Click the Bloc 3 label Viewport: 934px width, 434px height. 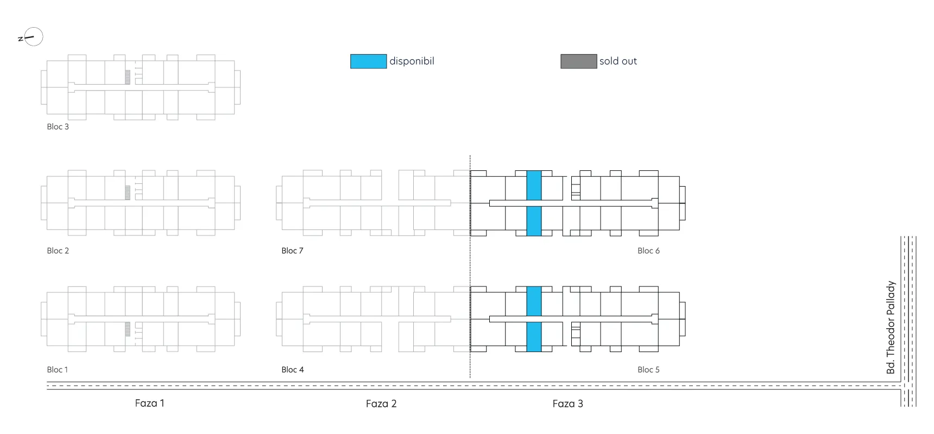58,126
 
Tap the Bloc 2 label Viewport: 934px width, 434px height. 58,251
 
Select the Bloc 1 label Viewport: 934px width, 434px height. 58,369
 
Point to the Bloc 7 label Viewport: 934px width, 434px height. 292,251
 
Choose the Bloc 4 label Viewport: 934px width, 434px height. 293,369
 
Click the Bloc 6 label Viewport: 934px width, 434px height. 648,251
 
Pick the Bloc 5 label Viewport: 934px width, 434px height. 648,369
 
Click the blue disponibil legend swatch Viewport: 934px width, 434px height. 368,61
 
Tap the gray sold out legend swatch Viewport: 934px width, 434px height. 579,61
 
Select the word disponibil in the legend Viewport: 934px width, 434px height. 412,61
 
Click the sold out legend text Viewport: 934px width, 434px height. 618,61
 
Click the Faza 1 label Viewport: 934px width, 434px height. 149,403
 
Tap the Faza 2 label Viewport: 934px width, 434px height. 381,404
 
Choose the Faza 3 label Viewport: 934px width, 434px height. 567,404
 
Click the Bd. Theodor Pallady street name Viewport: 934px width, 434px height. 891,327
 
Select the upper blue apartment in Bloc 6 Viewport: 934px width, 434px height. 534,186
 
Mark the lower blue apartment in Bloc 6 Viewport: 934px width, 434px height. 534,221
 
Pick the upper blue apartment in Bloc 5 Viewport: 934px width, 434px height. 534,301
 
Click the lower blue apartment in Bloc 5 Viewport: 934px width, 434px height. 534,337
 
